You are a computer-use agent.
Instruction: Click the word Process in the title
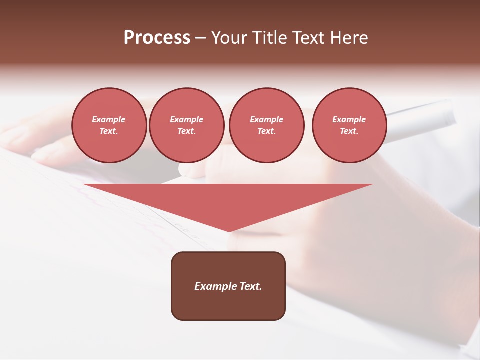pyautogui.click(x=157, y=38)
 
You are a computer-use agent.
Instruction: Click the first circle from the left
pyautogui.click(x=109, y=125)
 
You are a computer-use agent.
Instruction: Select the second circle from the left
pyautogui.click(x=186, y=125)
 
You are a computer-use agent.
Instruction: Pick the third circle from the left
pyautogui.click(x=266, y=125)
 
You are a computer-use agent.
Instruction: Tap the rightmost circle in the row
pyautogui.click(x=349, y=125)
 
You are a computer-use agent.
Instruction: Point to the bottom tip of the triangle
pyautogui.click(x=229, y=231)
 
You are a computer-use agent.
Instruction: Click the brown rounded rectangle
pyautogui.click(x=228, y=300)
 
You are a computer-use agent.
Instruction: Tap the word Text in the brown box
pyautogui.click(x=250, y=286)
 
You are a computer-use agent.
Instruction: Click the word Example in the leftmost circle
pyautogui.click(x=109, y=120)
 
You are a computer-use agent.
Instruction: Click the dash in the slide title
pyautogui.click(x=201, y=38)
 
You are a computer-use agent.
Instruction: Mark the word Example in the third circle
pyautogui.click(x=266, y=120)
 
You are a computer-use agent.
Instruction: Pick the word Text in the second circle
pyautogui.click(x=186, y=131)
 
